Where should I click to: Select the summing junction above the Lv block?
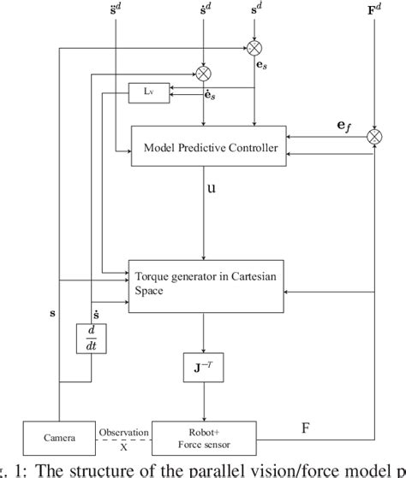(x=203, y=71)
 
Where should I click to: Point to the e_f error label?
(x=343, y=125)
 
